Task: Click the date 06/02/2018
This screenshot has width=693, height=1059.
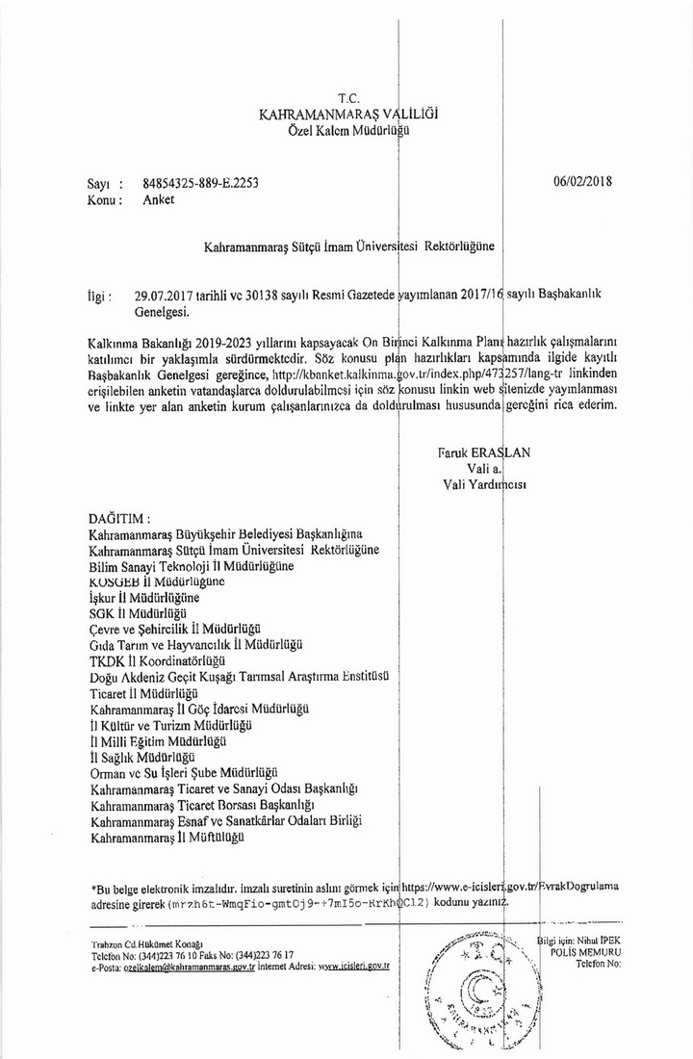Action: click(583, 180)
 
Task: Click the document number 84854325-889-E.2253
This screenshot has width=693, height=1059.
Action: click(200, 183)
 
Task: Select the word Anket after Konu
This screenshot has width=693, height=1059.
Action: click(159, 200)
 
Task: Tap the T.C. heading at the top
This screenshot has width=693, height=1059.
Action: click(348, 98)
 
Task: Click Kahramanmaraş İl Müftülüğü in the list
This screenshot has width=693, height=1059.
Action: click(166, 839)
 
